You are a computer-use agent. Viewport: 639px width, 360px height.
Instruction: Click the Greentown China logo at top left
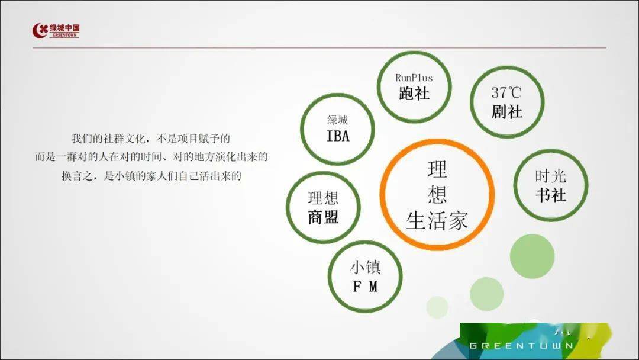pyautogui.click(x=56, y=31)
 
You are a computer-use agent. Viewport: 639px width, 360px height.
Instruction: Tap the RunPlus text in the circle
pyautogui.click(x=414, y=78)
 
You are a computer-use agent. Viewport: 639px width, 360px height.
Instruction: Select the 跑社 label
pyautogui.click(x=414, y=94)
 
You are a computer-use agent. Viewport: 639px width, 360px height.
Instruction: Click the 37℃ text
pyautogui.click(x=506, y=92)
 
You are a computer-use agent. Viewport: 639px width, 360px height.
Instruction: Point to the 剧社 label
pyautogui.click(x=506, y=111)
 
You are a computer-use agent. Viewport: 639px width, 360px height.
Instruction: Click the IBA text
pyautogui.click(x=338, y=136)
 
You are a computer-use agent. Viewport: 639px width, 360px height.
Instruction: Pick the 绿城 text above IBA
pyautogui.click(x=337, y=120)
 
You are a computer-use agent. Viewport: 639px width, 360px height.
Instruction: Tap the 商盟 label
pyautogui.click(x=323, y=217)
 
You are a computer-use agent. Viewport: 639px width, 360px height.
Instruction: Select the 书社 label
pyautogui.click(x=551, y=195)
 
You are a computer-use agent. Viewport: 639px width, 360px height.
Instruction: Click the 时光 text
pyautogui.click(x=551, y=176)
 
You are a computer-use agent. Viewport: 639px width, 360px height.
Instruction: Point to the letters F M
pyautogui.click(x=364, y=287)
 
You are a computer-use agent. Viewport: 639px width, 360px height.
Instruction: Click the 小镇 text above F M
pyautogui.click(x=365, y=267)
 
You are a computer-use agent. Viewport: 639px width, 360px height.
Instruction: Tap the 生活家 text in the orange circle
pyautogui.click(x=437, y=221)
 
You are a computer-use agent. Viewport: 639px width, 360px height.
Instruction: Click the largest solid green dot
pyautogui.click(x=532, y=256)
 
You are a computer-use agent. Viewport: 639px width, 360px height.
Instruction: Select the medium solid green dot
pyautogui.click(x=486, y=294)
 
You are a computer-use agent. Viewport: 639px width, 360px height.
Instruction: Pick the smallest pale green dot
pyautogui.click(x=437, y=307)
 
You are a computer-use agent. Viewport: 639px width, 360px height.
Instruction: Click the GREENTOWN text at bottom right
pyautogui.click(x=522, y=346)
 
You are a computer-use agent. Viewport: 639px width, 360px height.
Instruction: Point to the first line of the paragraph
pyautogui.click(x=151, y=139)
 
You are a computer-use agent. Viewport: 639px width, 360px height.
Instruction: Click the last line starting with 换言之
pyautogui.click(x=151, y=176)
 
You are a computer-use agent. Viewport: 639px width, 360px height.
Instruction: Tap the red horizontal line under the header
pyautogui.click(x=319, y=48)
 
